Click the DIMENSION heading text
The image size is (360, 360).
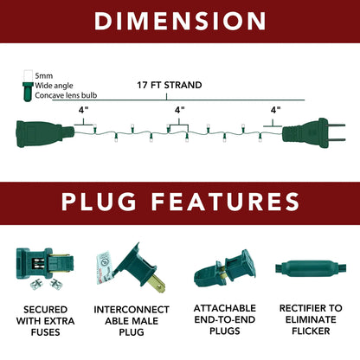(180, 21)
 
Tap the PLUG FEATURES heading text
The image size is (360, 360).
(180, 202)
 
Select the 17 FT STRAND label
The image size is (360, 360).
(170, 85)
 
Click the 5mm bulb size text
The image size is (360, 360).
(44, 76)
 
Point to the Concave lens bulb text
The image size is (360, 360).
(66, 95)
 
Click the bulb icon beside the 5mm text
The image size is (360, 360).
(28, 86)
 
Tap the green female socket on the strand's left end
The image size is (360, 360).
(45, 134)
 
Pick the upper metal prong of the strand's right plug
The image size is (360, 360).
(337, 125)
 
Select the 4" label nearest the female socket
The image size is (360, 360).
(83, 110)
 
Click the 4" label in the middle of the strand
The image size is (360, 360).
(179, 110)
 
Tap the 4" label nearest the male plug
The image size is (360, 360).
(275, 110)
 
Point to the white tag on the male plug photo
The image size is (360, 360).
(104, 267)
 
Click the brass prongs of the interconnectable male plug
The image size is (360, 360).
(157, 282)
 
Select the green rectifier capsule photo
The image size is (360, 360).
(311, 269)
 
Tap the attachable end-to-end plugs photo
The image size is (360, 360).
(225, 269)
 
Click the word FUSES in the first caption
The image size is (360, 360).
(46, 332)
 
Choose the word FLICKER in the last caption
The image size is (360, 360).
(311, 331)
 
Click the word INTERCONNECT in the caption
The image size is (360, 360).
(132, 310)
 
